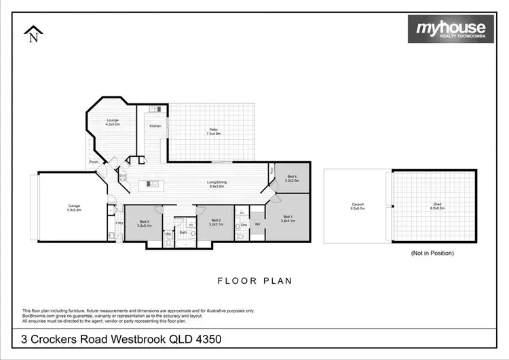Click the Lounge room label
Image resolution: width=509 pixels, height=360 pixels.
coord(113,123)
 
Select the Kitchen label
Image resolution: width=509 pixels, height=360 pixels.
coord(155,126)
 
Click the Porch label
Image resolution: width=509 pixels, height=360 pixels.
coord(93,162)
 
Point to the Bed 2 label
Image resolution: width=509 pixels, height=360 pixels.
coord(216,221)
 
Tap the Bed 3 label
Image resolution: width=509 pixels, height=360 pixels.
coord(144,222)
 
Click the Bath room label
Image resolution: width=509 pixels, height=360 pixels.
coord(183,232)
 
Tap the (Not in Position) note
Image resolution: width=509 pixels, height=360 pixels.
coord(432,253)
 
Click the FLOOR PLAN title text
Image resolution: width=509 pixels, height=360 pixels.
coord(254,279)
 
